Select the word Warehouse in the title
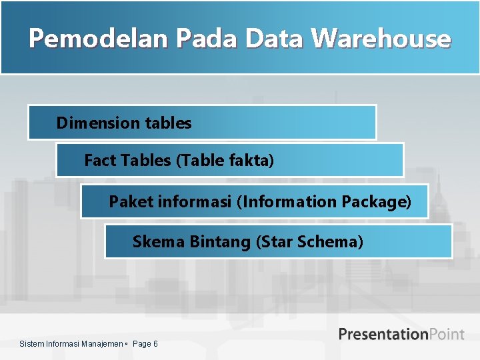(x=382, y=39)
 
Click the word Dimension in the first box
(x=98, y=123)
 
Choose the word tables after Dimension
(x=167, y=123)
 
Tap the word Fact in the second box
(x=100, y=160)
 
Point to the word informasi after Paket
(x=195, y=201)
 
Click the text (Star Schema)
(x=309, y=241)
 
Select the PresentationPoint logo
(x=401, y=334)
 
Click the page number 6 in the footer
(x=155, y=344)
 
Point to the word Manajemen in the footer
(x=103, y=344)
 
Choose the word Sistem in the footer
(x=31, y=344)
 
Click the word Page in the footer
(x=141, y=344)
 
